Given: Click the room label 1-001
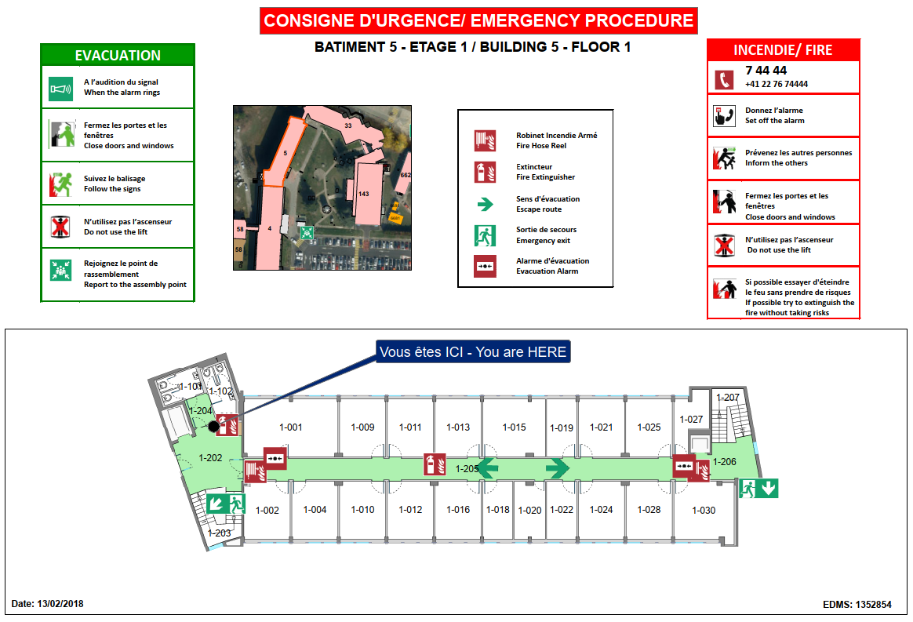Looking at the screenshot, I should click(x=291, y=427).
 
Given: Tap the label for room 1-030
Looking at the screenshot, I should click(x=704, y=510).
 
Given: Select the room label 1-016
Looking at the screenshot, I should click(x=458, y=510).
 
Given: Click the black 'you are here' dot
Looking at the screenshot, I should click(x=213, y=426).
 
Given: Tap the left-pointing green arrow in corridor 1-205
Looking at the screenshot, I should click(x=488, y=468).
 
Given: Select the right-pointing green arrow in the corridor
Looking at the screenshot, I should click(x=557, y=468).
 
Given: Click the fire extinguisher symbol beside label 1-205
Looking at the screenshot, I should click(x=430, y=464).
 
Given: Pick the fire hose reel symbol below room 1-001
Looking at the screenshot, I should click(x=254, y=471).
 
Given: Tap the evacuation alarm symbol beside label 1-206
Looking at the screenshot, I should click(x=684, y=465).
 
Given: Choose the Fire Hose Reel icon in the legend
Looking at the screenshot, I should click(x=485, y=140).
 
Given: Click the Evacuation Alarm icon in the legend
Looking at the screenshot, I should click(x=485, y=266).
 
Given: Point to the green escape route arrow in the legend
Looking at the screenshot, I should click(x=485, y=204).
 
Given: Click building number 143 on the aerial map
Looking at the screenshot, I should click(x=363, y=194).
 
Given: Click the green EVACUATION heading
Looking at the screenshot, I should click(x=118, y=56).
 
